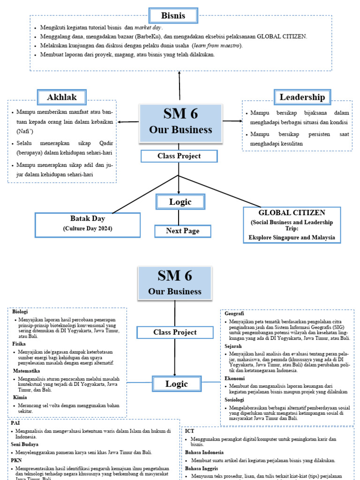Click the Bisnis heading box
(x=173, y=15)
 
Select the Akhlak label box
(x=62, y=97)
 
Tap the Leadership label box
(x=302, y=97)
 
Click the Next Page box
(x=182, y=231)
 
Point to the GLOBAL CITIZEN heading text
(x=292, y=212)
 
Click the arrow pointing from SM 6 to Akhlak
(x=128, y=122)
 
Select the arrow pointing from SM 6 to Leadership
(x=232, y=121)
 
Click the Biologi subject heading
(x=20, y=312)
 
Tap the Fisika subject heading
(x=19, y=343)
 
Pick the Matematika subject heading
(x=26, y=371)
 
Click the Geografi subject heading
(x=234, y=314)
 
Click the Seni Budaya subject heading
(x=25, y=444)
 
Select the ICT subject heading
(x=189, y=430)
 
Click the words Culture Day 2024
(x=88, y=228)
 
